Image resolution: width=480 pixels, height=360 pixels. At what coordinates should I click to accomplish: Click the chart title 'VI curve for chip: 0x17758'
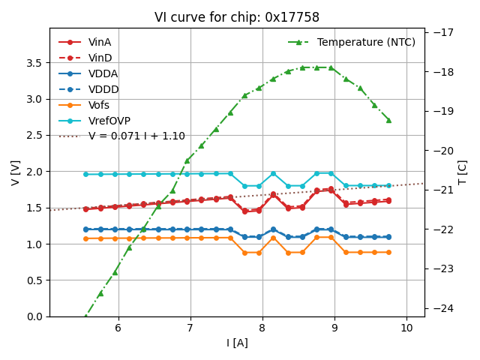pyautogui.click(x=237, y=17)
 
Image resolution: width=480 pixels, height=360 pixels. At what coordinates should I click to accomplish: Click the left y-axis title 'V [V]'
pyautogui.click(x=16, y=172)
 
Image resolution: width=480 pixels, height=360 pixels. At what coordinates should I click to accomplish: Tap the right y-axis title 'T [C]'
pyautogui.click(x=462, y=172)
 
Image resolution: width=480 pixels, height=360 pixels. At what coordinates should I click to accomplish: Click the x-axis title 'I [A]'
pyautogui.click(x=237, y=343)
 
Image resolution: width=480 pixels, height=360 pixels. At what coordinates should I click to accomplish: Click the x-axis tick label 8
pyautogui.click(x=262, y=328)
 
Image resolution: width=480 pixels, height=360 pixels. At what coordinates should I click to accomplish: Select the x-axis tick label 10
pyautogui.click(x=406, y=328)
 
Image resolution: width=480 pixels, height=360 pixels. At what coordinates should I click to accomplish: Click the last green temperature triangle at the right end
pyautogui.click(x=388, y=120)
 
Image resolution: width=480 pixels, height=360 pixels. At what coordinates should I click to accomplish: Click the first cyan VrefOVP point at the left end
pyautogui.click(x=85, y=174)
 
